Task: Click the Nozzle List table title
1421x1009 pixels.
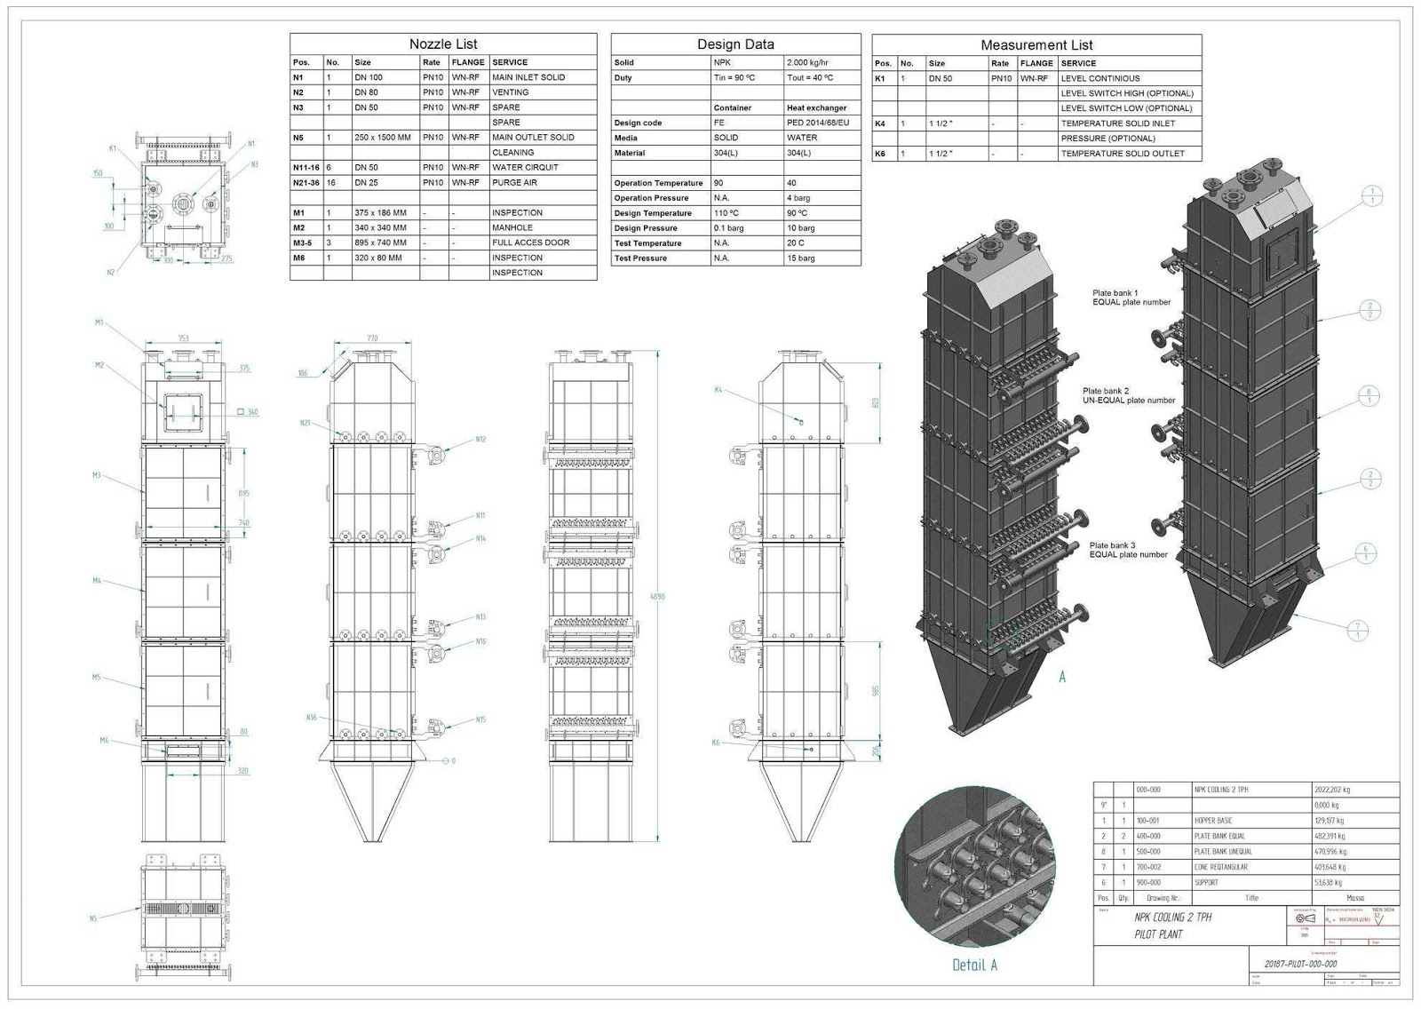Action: tap(442, 44)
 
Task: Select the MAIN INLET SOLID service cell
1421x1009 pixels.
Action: tap(528, 77)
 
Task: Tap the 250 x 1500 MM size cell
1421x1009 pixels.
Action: tap(383, 138)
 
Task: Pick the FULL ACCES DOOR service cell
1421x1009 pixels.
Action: tap(530, 242)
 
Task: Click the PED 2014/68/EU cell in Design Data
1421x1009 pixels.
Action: tap(817, 123)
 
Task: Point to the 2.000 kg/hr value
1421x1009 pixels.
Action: tap(807, 62)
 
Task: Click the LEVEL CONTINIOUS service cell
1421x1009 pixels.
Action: tap(1100, 78)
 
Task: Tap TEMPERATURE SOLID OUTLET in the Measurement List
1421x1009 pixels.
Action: tap(1123, 154)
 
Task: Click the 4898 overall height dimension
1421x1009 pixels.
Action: tap(657, 597)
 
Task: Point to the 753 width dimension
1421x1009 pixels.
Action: tap(183, 338)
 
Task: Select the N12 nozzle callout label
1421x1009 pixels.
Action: tap(480, 440)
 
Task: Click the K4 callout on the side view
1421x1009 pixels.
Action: tap(718, 390)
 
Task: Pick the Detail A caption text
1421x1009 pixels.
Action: tap(974, 965)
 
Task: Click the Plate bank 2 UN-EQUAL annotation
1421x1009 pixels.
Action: tap(1128, 395)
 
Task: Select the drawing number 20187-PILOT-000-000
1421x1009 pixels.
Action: tap(1300, 964)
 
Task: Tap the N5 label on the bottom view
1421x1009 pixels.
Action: tap(93, 918)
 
